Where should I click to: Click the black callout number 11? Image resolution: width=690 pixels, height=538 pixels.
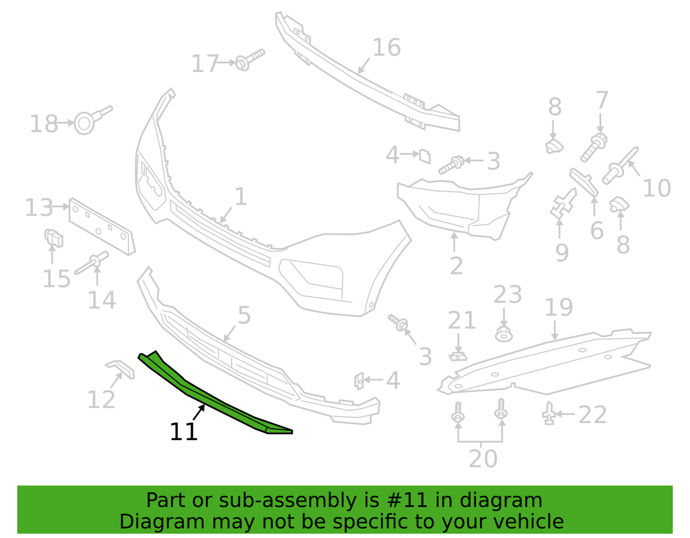coord(183,432)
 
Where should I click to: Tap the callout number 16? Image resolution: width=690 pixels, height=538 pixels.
coord(386,48)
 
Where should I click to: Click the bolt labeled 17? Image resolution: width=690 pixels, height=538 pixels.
coord(249,60)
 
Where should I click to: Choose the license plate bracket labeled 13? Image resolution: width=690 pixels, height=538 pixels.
coord(102,227)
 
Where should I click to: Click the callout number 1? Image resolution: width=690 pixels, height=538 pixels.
coord(241,197)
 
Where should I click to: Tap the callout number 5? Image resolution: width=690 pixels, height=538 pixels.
coord(244,315)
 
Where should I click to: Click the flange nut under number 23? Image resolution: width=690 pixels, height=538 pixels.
coord(504,334)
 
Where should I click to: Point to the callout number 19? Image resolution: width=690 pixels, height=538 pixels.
coord(559,307)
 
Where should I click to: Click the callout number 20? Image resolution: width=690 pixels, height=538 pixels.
coord(483,458)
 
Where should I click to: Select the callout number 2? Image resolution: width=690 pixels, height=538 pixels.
coord(456,266)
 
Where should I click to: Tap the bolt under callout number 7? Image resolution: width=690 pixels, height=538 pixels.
coord(593,148)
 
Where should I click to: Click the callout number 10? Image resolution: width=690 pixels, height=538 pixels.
coord(657,188)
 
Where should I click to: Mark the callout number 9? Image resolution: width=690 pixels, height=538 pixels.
coord(562,253)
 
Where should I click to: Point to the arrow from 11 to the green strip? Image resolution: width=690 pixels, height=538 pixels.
coord(199,412)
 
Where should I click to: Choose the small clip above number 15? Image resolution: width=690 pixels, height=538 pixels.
coord(53,238)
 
